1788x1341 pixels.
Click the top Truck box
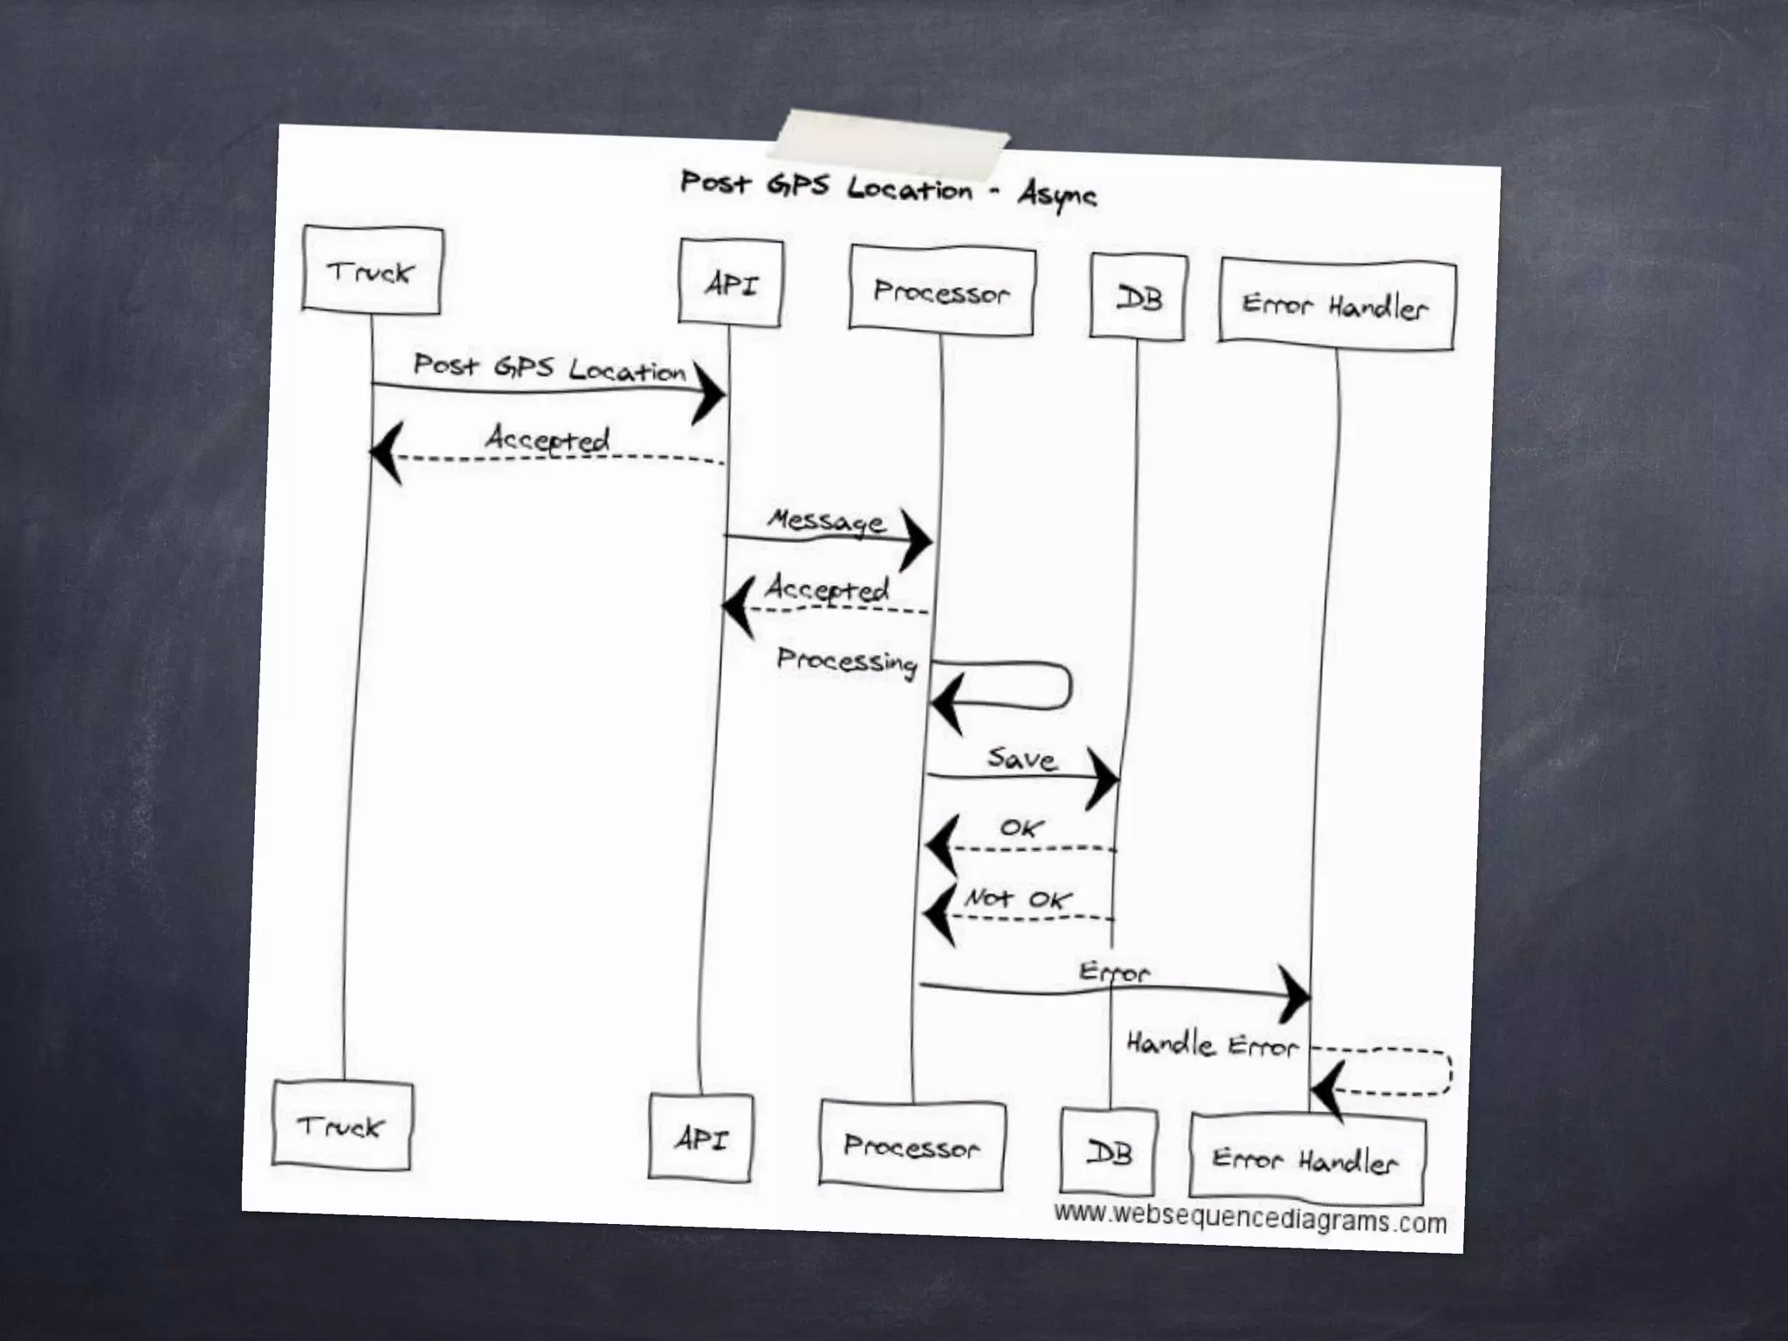(372, 269)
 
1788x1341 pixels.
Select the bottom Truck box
(341, 1124)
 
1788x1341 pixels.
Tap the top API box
(731, 284)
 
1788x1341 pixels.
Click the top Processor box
(941, 291)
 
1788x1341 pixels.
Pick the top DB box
(1138, 298)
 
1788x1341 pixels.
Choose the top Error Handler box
(1336, 306)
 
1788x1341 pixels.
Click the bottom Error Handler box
(1306, 1159)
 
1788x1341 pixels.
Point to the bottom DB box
(1109, 1152)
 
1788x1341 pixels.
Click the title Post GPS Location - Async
(887, 189)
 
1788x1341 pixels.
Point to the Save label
(1021, 758)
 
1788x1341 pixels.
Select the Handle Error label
(1212, 1044)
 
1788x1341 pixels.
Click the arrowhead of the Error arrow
(1296, 994)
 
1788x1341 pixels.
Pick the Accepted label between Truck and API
(547, 438)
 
